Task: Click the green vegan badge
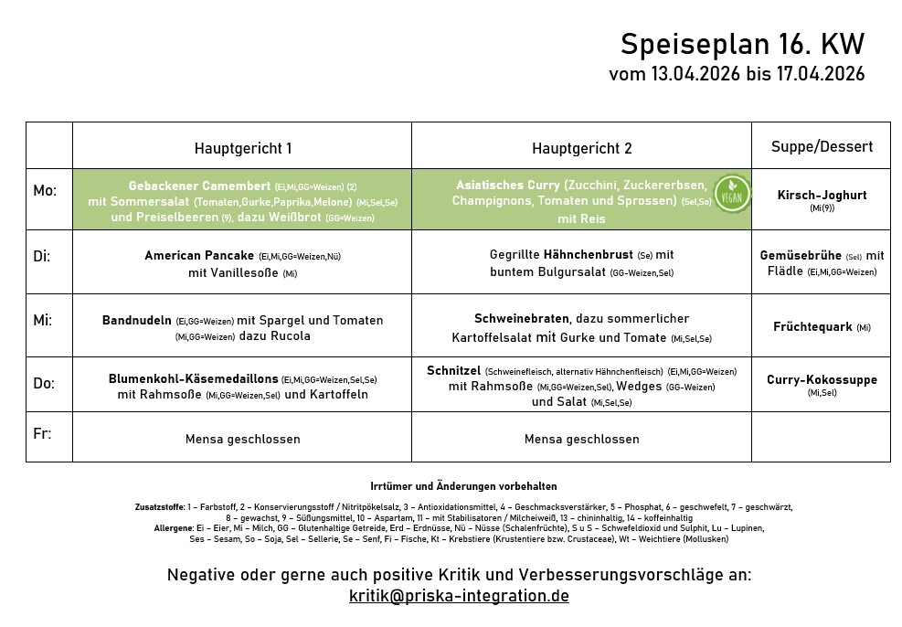(731, 194)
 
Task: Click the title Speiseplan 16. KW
(741, 44)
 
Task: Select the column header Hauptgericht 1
(243, 148)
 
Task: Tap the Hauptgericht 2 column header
(581, 148)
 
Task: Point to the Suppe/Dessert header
(821, 146)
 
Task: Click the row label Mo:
(45, 191)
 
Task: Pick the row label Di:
(42, 256)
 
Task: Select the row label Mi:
(43, 320)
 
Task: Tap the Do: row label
(43, 383)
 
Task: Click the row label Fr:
(42, 433)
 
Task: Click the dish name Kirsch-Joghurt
(822, 195)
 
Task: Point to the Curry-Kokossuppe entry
(822, 379)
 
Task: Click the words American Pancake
(199, 256)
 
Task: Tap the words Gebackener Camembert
(199, 186)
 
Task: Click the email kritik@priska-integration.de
(459, 596)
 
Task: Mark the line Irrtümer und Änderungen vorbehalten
(463, 486)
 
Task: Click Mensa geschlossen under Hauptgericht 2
(581, 440)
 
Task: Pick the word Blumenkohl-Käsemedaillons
(193, 378)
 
